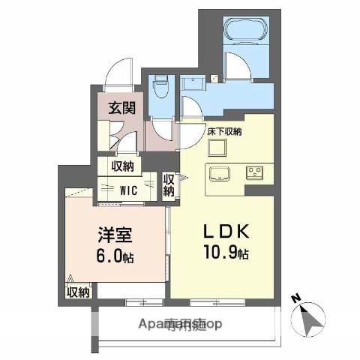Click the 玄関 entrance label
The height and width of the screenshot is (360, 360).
click(121, 106)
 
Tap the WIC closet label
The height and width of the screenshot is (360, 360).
click(128, 190)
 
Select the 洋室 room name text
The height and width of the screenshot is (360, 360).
click(114, 234)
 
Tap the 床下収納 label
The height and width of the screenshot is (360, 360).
click(224, 132)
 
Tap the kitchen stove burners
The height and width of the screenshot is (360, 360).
click(253, 172)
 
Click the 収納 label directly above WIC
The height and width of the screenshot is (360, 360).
click(123, 166)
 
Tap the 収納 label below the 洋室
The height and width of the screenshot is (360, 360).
click(77, 292)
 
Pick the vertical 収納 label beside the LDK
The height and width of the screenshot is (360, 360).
click(169, 185)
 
